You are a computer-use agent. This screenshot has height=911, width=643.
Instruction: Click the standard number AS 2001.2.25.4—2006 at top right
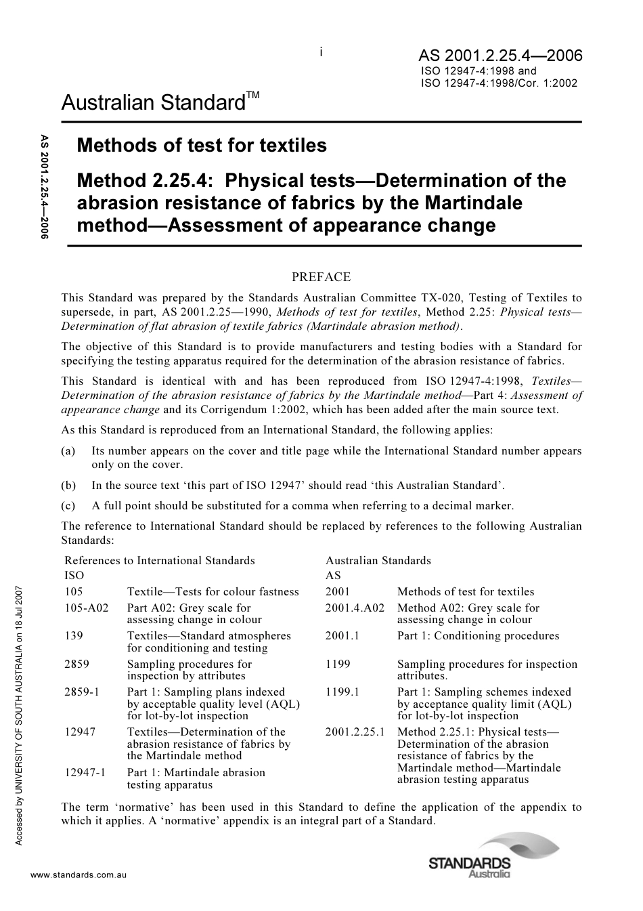(x=500, y=56)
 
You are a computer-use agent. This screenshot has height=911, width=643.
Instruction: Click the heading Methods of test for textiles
(x=202, y=145)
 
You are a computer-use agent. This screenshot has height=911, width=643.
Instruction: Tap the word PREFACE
(x=321, y=276)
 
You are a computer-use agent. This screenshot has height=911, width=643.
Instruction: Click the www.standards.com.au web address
(x=79, y=875)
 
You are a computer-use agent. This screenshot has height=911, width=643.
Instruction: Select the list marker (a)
(x=68, y=451)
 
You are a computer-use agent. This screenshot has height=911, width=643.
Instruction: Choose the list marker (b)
(x=68, y=485)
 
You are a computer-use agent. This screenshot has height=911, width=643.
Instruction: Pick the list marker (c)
(x=68, y=505)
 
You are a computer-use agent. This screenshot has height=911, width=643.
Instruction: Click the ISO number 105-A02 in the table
(x=86, y=608)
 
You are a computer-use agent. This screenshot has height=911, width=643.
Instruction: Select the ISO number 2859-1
(x=82, y=692)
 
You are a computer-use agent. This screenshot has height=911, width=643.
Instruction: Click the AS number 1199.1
(x=342, y=692)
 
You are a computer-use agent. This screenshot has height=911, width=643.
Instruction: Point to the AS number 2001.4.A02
(x=355, y=608)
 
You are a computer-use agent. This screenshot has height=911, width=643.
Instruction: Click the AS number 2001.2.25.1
(x=355, y=732)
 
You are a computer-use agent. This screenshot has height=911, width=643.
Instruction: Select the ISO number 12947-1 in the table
(x=85, y=772)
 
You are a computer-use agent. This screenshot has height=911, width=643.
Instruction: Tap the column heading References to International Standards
(x=160, y=560)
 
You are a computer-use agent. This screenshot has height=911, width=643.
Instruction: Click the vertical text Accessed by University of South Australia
(x=20, y=711)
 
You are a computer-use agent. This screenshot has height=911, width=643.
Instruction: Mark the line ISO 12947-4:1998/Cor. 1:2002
(x=499, y=84)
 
